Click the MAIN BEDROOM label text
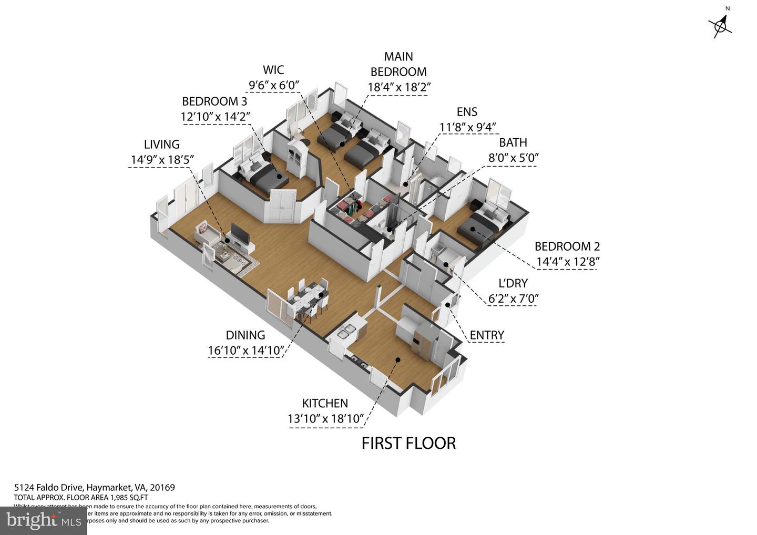tap(398, 64)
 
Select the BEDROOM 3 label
tap(214, 101)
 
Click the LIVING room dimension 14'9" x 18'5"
tap(162, 160)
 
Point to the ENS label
tap(467, 111)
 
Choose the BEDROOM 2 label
tap(567, 246)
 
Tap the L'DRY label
tap(513, 283)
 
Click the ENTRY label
tap(487, 335)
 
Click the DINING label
tap(245, 335)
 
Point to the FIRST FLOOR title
tap(408, 443)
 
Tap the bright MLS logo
tap(43, 520)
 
